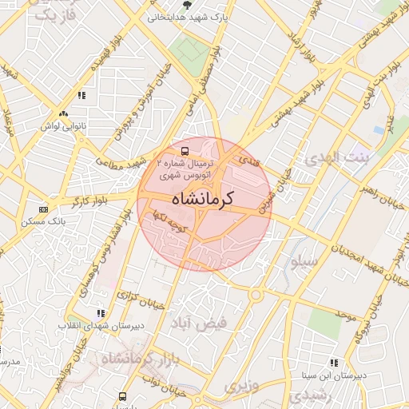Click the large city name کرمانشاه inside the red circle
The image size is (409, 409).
201,199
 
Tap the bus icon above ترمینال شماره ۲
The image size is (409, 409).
185,150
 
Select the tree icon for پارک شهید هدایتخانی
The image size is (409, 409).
185,5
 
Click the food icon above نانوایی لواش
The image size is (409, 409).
81,96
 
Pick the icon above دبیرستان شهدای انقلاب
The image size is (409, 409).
100,314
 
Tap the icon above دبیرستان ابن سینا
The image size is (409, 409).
334,363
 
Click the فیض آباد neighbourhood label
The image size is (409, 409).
200,322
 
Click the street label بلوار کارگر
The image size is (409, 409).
89,202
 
